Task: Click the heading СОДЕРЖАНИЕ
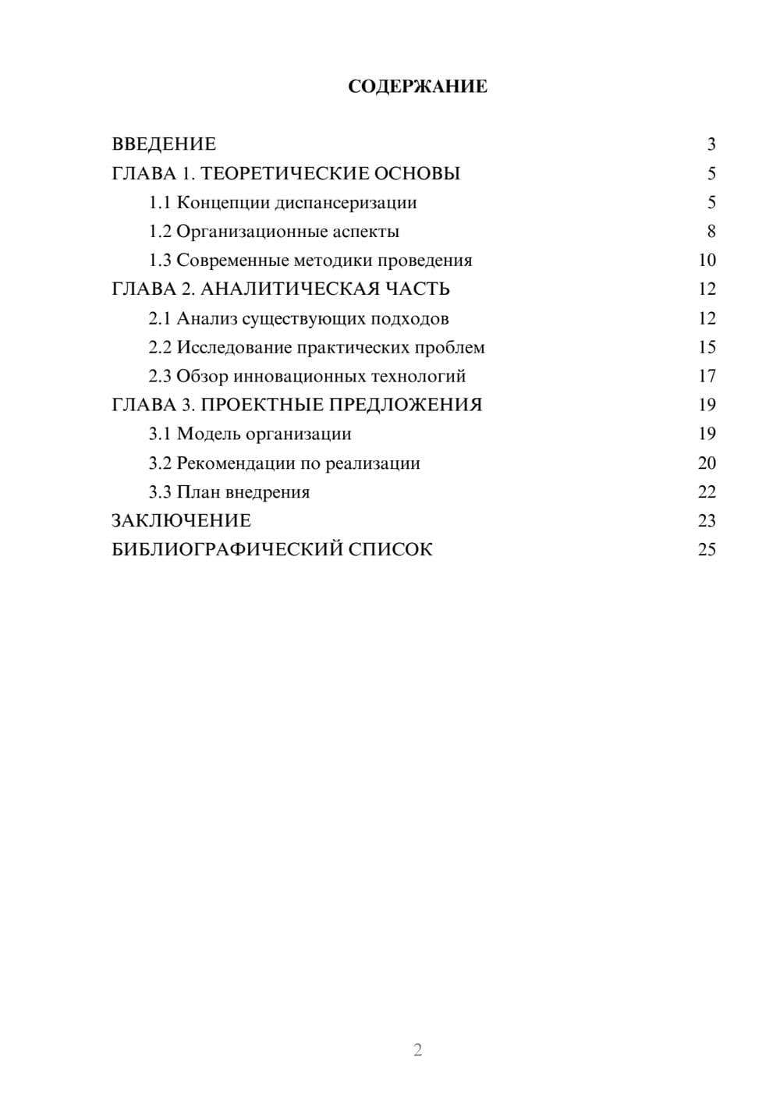[417, 87]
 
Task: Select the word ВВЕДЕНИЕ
[164, 144]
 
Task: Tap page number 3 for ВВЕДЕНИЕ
[711, 144]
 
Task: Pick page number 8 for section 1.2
[711, 232]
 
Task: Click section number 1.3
[160, 261]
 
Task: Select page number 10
[707, 261]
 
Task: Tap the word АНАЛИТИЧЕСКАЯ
[288, 289]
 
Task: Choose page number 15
[707, 347]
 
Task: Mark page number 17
[707, 376]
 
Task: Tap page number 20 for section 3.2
[707, 463]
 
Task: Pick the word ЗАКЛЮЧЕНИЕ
[181, 521]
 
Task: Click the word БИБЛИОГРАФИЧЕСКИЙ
[227, 550]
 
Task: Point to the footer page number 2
[417, 1050]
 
